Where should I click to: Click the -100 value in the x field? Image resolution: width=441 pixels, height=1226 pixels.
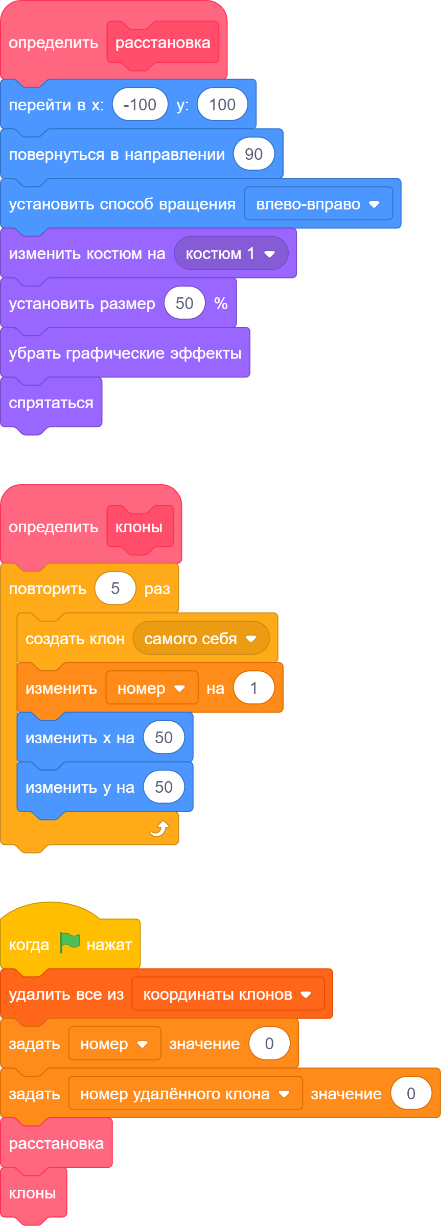tap(140, 104)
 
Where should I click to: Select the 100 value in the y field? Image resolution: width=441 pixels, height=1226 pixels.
tap(222, 104)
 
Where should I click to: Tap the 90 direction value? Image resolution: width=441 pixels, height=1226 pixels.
tap(254, 154)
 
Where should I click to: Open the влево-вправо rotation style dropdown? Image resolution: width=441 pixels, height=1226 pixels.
tap(318, 203)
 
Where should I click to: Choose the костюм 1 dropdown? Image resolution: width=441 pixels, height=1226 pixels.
tap(231, 253)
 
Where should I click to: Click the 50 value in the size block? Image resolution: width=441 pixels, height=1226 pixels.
tap(184, 303)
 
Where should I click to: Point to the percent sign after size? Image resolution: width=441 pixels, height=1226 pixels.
tap(221, 303)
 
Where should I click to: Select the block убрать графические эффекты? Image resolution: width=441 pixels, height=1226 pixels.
tap(125, 352)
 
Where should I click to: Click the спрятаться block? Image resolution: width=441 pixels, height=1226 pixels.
tap(51, 403)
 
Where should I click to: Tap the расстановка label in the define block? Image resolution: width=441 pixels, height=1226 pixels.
tap(163, 43)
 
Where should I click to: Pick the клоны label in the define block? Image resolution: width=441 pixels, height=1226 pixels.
tap(139, 527)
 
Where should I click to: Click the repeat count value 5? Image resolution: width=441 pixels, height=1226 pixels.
tap(115, 588)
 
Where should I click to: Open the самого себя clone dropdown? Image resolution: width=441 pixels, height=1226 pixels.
tap(201, 638)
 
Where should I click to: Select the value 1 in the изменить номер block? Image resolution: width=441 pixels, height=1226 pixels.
tap(254, 688)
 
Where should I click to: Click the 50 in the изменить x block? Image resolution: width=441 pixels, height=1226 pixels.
tap(164, 737)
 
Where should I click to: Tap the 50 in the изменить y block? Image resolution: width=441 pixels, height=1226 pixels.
tap(164, 787)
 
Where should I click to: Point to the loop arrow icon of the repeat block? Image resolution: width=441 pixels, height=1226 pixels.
tap(159, 828)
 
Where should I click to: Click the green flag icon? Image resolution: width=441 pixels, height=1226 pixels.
tap(69, 942)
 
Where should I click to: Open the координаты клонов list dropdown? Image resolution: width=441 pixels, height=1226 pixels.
tap(228, 994)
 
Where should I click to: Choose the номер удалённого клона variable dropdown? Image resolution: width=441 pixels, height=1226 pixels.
tap(185, 1093)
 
